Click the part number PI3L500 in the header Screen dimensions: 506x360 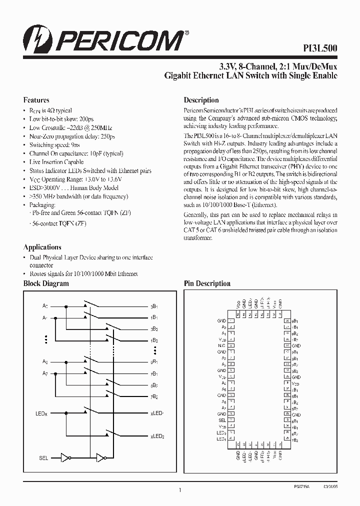[321, 48]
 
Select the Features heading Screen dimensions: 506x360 [36, 100]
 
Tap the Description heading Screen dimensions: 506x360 [201, 100]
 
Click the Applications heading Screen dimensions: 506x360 [42, 247]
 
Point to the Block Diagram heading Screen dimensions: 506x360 [46, 283]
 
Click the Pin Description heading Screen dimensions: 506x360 [207, 283]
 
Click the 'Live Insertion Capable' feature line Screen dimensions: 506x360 [56, 162]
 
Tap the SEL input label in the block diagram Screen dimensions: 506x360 [44, 457]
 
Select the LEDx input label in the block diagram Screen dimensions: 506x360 [42, 413]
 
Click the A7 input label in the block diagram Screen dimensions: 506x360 [44, 373]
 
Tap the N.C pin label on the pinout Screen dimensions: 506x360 [221, 345]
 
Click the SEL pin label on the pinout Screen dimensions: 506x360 [222, 420]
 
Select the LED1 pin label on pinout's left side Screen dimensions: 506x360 [221, 439]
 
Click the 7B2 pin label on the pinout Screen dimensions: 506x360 [295, 439]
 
